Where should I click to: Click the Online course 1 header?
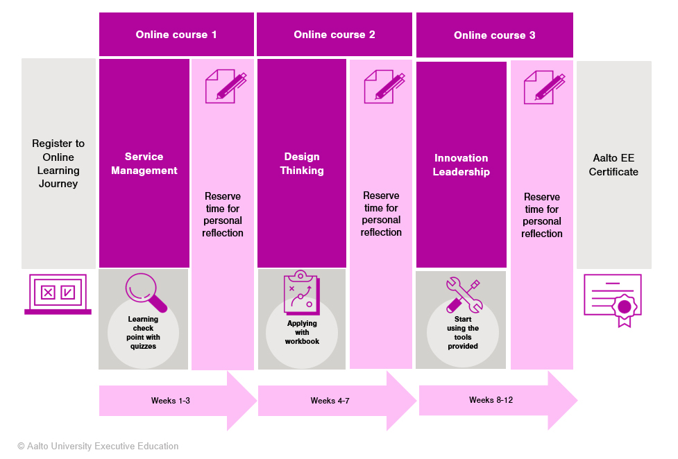[176, 35]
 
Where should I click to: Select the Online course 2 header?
[334, 35]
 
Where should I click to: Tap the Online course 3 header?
[494, 35]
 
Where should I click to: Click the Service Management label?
[144, 164]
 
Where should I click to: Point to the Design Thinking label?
[302, 164]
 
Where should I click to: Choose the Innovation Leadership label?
[461, 164]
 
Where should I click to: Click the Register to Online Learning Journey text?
[58, 164]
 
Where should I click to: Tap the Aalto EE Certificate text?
[613, 164]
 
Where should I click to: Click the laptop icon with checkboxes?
[58, 294]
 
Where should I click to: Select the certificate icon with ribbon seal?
[612, 300]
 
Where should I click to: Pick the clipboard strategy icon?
[302, 292]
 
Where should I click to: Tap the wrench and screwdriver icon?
[464, 295]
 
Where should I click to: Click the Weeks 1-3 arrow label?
[170, 401]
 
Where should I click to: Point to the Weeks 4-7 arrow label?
[330, 401]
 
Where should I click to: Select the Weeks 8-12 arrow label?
[491, 400]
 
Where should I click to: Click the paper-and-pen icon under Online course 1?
[226, 87]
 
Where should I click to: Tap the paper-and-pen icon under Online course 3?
[544, 87]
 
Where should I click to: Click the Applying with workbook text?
[302, 332]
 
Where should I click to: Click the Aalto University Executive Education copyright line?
[98, 446]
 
